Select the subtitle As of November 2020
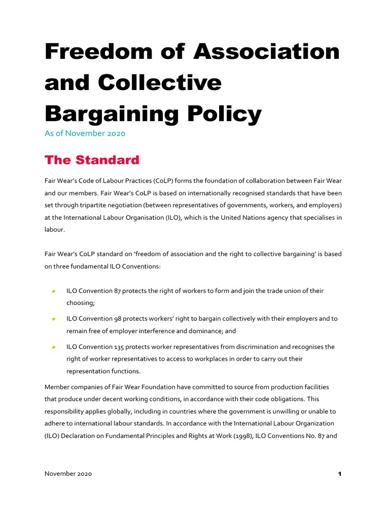pos(85,134)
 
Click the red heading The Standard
pos(91,160)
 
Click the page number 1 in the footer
pos(340,474)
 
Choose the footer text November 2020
pos(68,474)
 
